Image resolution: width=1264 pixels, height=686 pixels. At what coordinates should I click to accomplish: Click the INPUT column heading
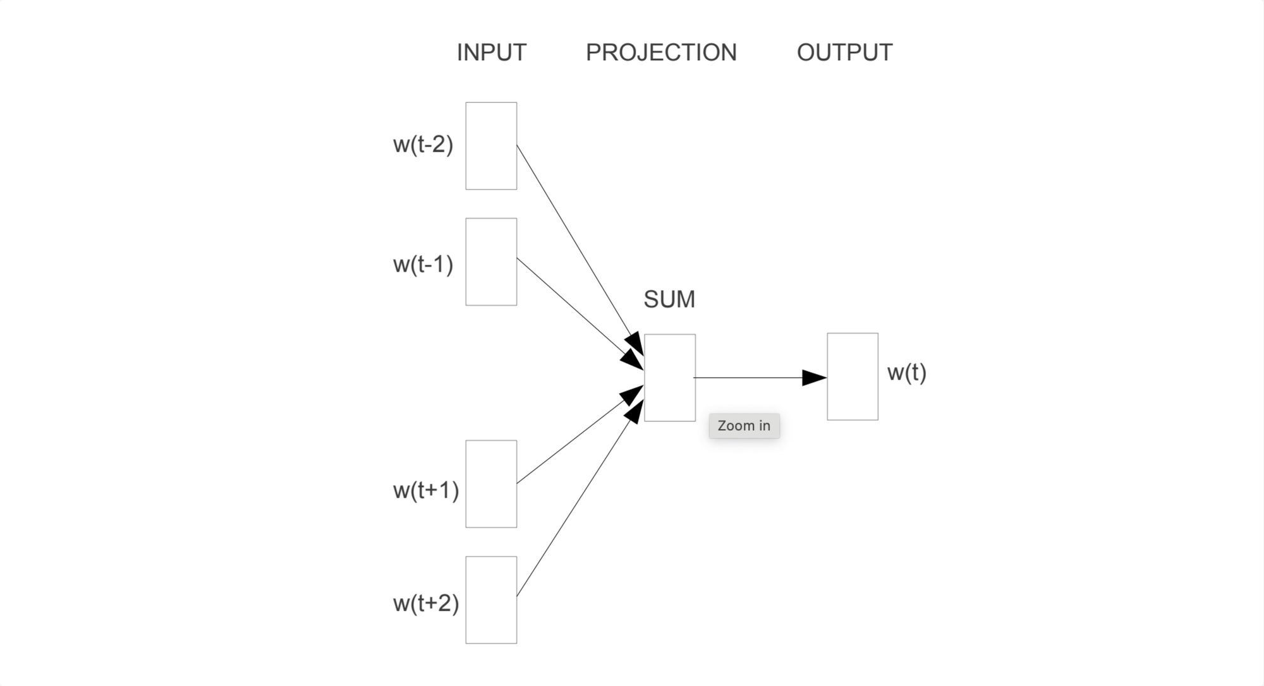(x=491, y=52)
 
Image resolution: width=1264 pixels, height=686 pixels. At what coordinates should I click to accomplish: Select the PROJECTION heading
(x=661, y=52)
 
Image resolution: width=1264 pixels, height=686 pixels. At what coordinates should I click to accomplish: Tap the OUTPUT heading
(x=844, y=52)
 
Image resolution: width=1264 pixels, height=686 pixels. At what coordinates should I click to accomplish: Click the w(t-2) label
(x=423, y=145)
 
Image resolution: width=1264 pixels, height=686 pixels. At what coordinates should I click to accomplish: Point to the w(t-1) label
(x=423, y=264)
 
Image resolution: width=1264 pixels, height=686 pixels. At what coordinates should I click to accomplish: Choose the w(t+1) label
(x=425, y=490)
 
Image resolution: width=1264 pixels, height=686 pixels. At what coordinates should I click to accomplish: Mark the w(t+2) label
(x=425, y=603)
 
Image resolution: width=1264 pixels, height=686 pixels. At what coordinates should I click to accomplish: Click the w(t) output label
(x=906, y=373)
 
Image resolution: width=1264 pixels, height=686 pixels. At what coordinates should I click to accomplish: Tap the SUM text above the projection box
(x=669, y=299)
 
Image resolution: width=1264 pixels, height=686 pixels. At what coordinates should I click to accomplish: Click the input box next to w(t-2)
(x=491, y=146)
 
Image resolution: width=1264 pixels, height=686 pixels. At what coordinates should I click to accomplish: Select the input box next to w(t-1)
(x=491, y=262)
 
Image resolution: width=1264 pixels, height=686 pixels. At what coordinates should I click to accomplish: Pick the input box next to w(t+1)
(x=491, y=484)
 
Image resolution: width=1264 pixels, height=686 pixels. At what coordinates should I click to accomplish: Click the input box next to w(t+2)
(x=491, y=600)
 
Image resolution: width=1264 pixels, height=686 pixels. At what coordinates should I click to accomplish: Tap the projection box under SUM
(x=670, y=378)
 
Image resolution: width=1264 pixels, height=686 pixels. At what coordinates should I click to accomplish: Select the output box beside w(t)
(x=853, y=376)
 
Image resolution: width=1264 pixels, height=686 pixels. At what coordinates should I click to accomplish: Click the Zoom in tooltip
(x=744, y=426)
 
